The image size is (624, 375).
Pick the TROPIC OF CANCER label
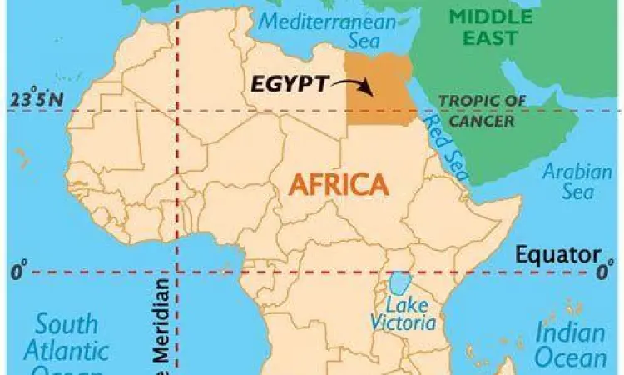pyautogui.click(x=482, y=109)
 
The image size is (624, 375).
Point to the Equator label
pyautogui.click(x=557, y=254)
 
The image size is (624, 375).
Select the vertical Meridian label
pyautogui.click(x=162, y=329)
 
